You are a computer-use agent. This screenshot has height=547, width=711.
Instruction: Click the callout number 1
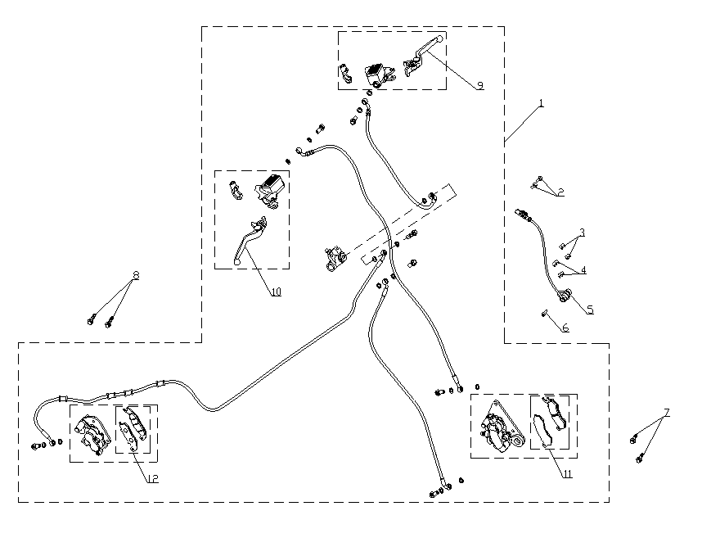point(541,104)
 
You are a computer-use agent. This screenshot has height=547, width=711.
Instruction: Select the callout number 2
point(561,193)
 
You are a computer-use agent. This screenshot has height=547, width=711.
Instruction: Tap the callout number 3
point(583,233)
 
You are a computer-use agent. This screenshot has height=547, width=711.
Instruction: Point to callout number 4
point(583,269)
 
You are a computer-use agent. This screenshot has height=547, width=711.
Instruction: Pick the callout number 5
point(589,310)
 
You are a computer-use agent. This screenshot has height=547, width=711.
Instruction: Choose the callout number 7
point(667,413)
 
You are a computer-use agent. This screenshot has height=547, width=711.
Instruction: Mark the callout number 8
point(136,276)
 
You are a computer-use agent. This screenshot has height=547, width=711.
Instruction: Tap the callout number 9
point(479,85)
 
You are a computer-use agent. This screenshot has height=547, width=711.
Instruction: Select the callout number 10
point(276,292)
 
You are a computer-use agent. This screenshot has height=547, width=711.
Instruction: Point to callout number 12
point(152,478)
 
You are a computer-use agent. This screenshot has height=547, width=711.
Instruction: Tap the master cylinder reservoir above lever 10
point(269,188)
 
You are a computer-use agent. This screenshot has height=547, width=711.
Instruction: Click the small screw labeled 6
point(544,312)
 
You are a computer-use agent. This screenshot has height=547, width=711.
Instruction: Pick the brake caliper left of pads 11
point(500,426)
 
